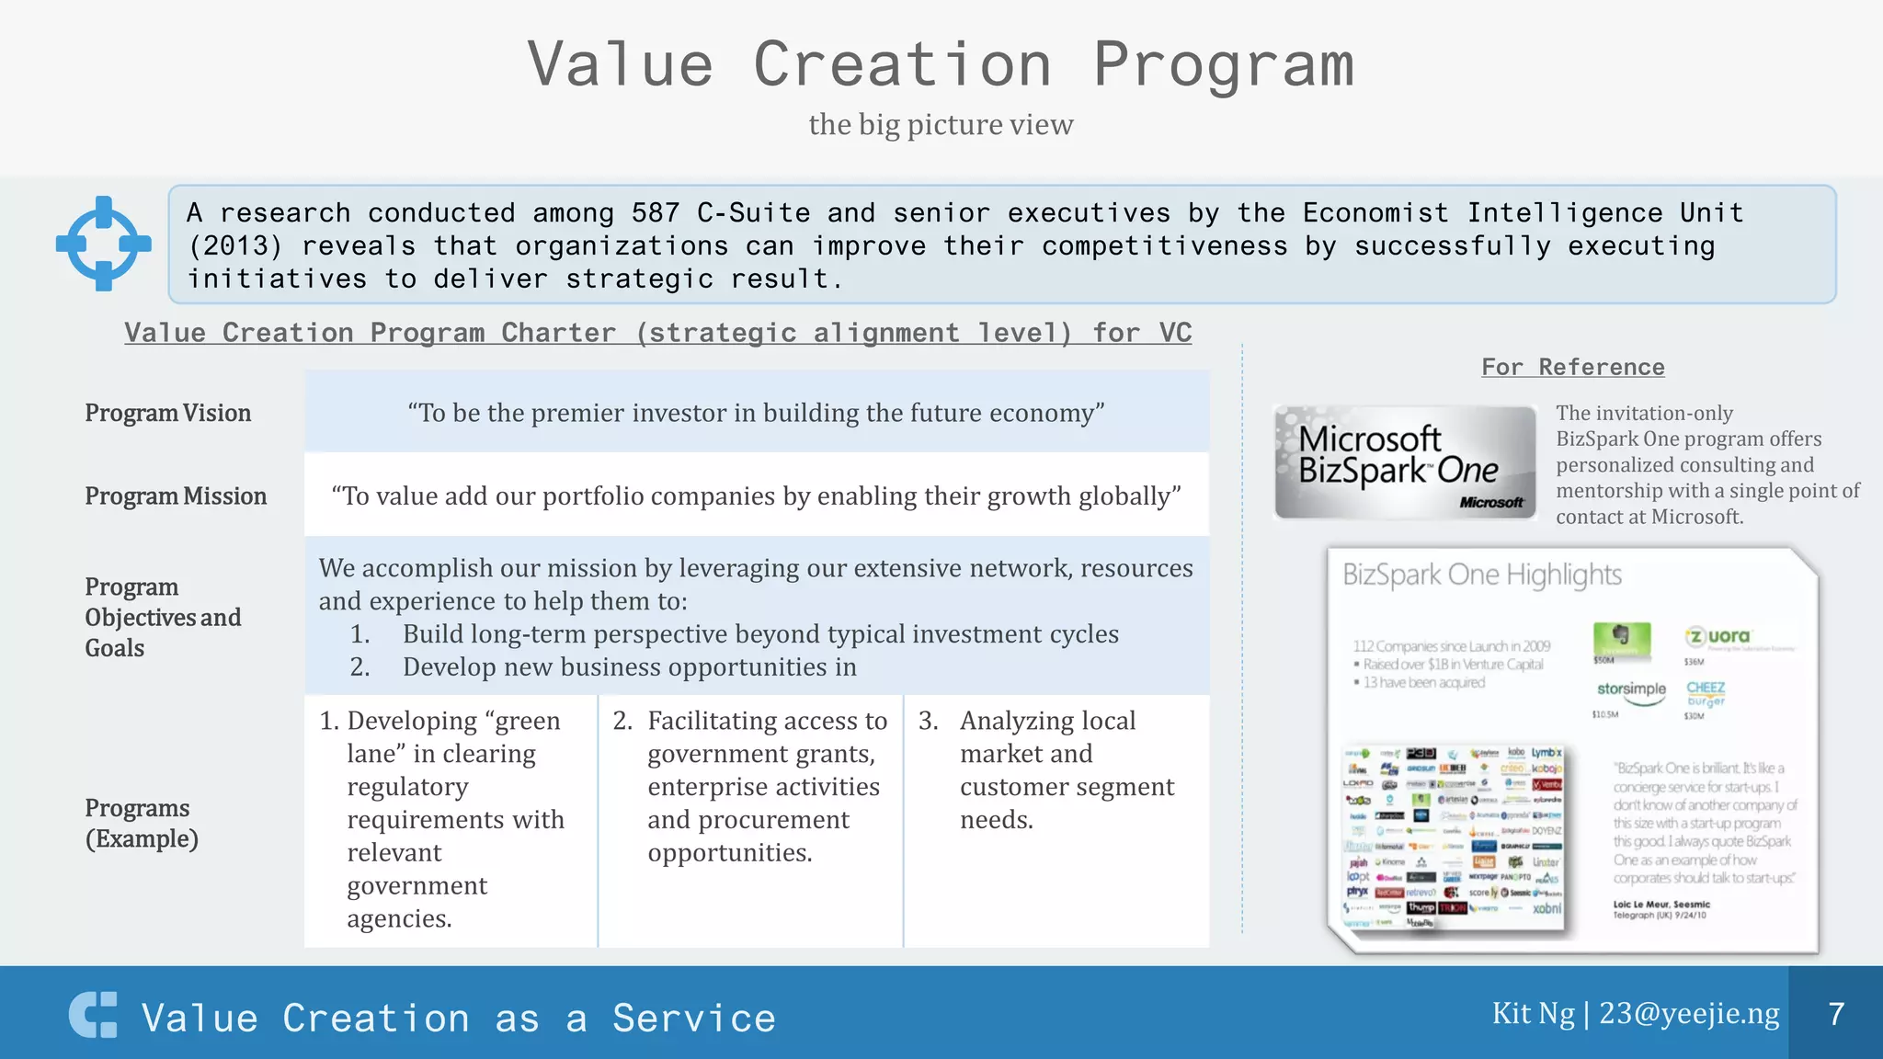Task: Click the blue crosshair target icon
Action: (103, 244)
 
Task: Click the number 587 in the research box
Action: (655, 213)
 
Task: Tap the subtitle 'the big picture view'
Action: (941, 124)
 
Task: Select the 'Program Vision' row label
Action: (167, 413)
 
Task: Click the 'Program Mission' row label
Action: (176, 495)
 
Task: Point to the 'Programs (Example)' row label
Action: (142, 823)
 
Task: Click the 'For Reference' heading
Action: (1572, 367)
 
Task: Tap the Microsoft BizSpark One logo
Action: (1405, 462)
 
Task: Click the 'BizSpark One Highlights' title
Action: (1481, 575)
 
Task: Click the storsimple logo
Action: (1631, 689)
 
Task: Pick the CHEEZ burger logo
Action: (1706, 693)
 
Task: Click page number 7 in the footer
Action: (1836, 1014)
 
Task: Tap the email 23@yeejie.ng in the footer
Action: (1689, 1013)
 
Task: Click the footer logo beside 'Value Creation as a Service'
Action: (93, 1015)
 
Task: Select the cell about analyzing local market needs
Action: (1056, 769)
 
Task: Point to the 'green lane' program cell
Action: (451, 818)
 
